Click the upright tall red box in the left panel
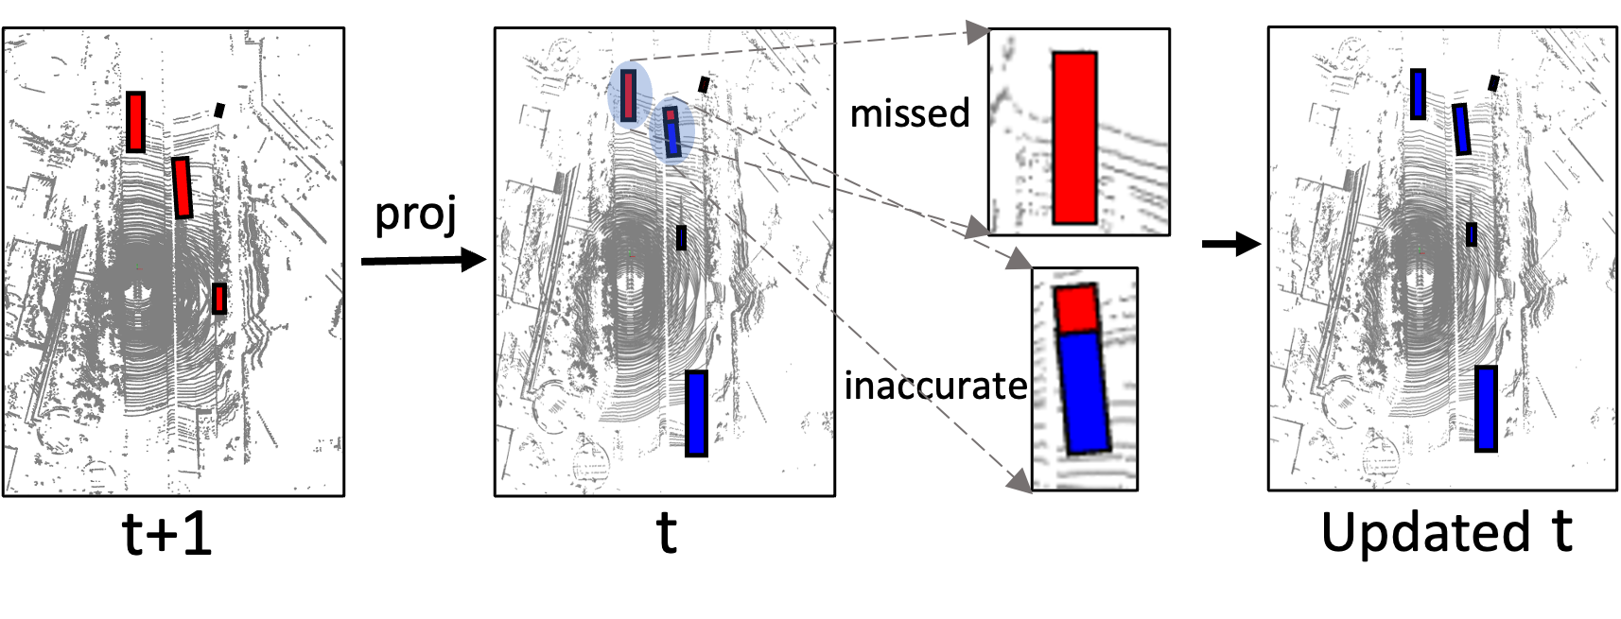[x=135, y=122]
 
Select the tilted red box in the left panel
[x=182, y=188]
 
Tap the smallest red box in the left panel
[x=219, y=299]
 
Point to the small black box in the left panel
[x=219, y=111]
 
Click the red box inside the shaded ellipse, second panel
[x=629, y=95]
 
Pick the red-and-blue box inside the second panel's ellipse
[x=671, y=132]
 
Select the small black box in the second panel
[x=704, y=85]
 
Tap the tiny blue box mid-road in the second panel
[x=681, y=237]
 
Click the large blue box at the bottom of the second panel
[x=696, y=414]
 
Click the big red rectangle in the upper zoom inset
[x=1074, y=138]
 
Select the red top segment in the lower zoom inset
[x=1075, y=309]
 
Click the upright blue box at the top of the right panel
[x=1418, y=94]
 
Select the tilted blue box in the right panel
[x=1461, y=129]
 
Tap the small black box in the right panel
[x=1493, y=83]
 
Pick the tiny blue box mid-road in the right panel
[x=1471, y=234]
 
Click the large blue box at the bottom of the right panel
[x=1486, y=408]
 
